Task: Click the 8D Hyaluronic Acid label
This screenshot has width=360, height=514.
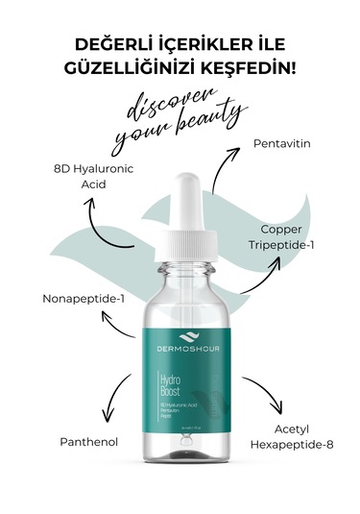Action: coord(94,176)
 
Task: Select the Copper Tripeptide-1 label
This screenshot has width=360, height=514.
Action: coord(289,236)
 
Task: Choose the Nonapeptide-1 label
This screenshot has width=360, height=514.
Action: coord(84,298)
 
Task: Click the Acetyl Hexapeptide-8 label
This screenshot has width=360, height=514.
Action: coord(291,435)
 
